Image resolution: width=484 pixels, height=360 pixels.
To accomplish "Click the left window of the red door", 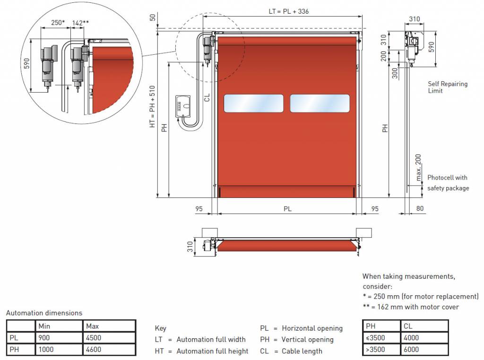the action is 253,103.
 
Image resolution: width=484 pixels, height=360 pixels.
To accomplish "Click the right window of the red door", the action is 320,103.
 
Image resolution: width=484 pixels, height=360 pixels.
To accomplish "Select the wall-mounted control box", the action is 183,106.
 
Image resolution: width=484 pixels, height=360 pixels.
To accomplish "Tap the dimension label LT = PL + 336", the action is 289,11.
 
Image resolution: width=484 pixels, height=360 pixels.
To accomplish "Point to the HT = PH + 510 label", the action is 152,106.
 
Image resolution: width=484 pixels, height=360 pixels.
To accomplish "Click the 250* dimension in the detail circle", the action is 58,23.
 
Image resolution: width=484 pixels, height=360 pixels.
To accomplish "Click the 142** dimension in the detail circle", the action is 80,23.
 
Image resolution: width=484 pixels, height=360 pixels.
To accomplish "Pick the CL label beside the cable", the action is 207,97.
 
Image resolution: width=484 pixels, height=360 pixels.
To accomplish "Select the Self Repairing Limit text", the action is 448,87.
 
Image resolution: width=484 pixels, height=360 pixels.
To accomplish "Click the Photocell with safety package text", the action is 448,183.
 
